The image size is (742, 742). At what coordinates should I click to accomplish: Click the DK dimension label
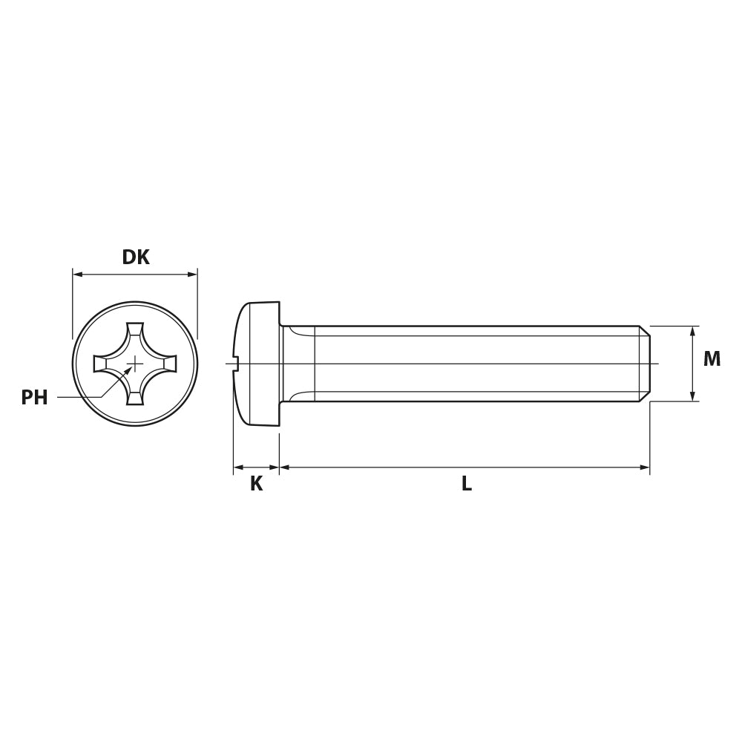click(x=136, y=257)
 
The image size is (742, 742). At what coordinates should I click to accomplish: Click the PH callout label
click(x=35, y=398)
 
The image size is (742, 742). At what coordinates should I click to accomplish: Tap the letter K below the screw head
click(x=256, y=484)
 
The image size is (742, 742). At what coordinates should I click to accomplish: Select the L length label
click(x=467, y=484)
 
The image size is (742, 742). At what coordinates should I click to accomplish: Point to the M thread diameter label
click(x=712, y=359)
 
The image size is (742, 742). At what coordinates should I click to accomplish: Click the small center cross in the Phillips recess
click(x=135, y=364)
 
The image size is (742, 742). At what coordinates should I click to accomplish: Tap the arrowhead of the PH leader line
click(x=128, y=370)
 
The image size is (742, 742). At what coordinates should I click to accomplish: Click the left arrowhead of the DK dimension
click(x=78, y=274)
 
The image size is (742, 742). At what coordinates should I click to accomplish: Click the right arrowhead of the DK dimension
click(x=191, y=274)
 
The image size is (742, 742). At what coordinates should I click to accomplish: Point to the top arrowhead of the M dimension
click(x=692, y=331)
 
